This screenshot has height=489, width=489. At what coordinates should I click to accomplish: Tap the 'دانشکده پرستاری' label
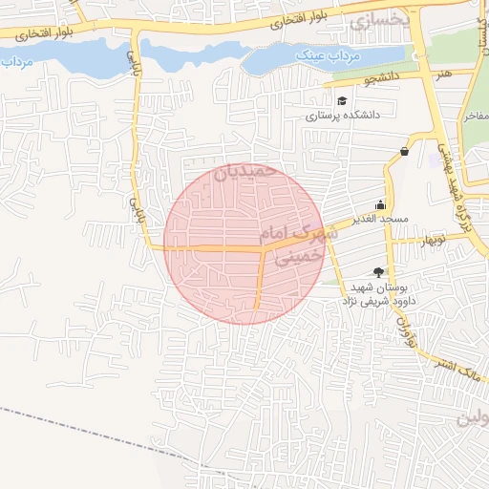tap(344, 115)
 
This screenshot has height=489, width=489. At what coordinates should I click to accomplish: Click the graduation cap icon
tap(342, 100)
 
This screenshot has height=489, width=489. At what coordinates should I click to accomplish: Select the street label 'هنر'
tap(440, 73)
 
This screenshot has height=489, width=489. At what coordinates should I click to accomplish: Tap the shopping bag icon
tap(405, 151)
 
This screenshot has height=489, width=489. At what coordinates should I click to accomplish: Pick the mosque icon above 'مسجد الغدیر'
tap(381, 203)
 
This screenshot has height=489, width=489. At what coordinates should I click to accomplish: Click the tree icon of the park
tap(379, 272)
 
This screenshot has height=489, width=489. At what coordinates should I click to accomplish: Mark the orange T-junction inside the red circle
tap(263, 250)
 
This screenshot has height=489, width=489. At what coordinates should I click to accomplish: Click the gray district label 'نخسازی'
tap(379, 20)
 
